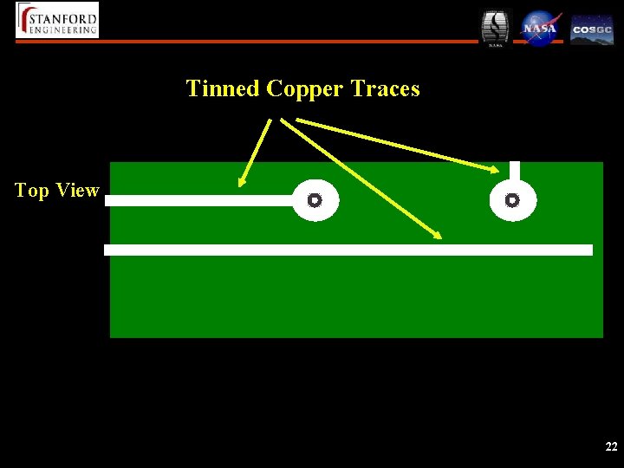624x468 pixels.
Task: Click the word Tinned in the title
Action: [223, 88]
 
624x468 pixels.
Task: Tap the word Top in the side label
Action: [32, 191]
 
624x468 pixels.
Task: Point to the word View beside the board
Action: [77, 191]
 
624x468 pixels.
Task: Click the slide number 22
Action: [611, 447]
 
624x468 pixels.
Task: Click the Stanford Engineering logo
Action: [58, 20]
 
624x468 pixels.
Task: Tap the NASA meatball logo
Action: [540, 28]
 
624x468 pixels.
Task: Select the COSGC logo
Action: [592, 29]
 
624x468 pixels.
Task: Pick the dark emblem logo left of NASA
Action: [496, 28]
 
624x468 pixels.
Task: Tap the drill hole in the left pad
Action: [315, 200]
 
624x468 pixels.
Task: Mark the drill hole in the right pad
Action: [512, 200]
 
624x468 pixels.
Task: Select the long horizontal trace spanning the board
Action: [347, 250]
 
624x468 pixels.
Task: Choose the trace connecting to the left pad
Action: [199, 200]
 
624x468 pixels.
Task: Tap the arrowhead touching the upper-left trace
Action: [243, 182]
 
